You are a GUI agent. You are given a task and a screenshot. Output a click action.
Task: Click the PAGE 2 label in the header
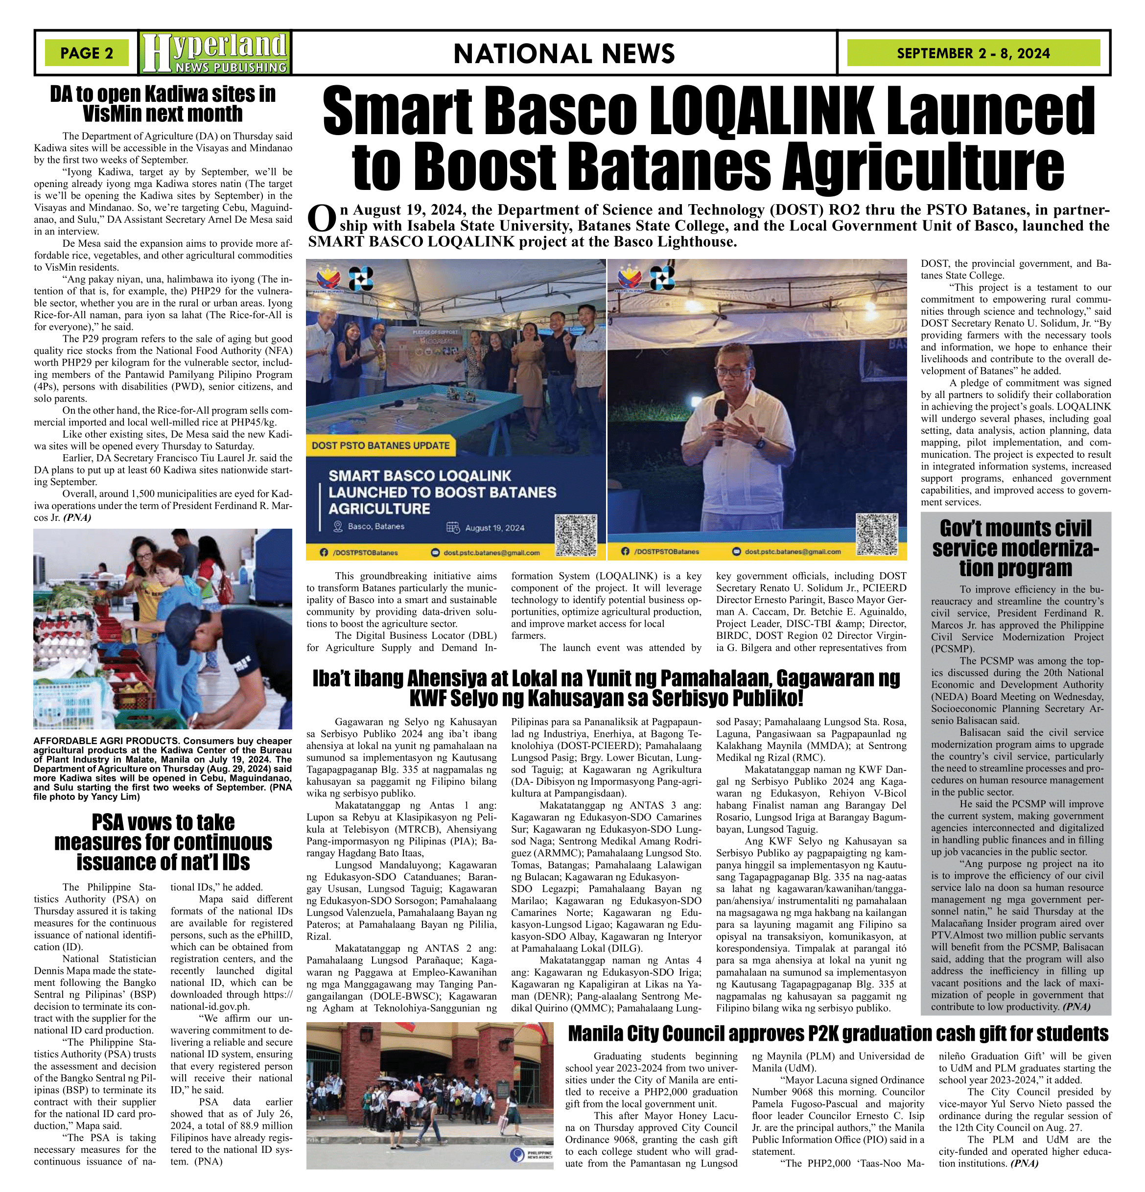(86, 53)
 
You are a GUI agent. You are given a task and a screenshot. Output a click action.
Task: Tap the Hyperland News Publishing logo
(214, 53)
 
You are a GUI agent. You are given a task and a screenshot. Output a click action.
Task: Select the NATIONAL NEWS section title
(563, 53)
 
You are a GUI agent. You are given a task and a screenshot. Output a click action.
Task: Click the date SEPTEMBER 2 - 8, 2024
(973, 53)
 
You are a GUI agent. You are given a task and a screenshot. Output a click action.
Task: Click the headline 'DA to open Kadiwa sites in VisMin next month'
(163, 104)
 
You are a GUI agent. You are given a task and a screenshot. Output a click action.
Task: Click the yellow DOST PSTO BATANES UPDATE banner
(381, 445)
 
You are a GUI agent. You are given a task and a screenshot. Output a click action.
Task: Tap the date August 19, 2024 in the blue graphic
(494, 528)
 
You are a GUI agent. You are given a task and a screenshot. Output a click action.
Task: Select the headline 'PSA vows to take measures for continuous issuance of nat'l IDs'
(163, 842)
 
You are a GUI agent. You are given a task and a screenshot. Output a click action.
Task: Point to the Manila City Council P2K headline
(838, 1033)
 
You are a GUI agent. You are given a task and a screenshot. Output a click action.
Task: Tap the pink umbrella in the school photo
(403, 1095)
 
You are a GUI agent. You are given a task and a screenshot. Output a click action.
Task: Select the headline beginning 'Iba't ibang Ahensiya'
(606, 688)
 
